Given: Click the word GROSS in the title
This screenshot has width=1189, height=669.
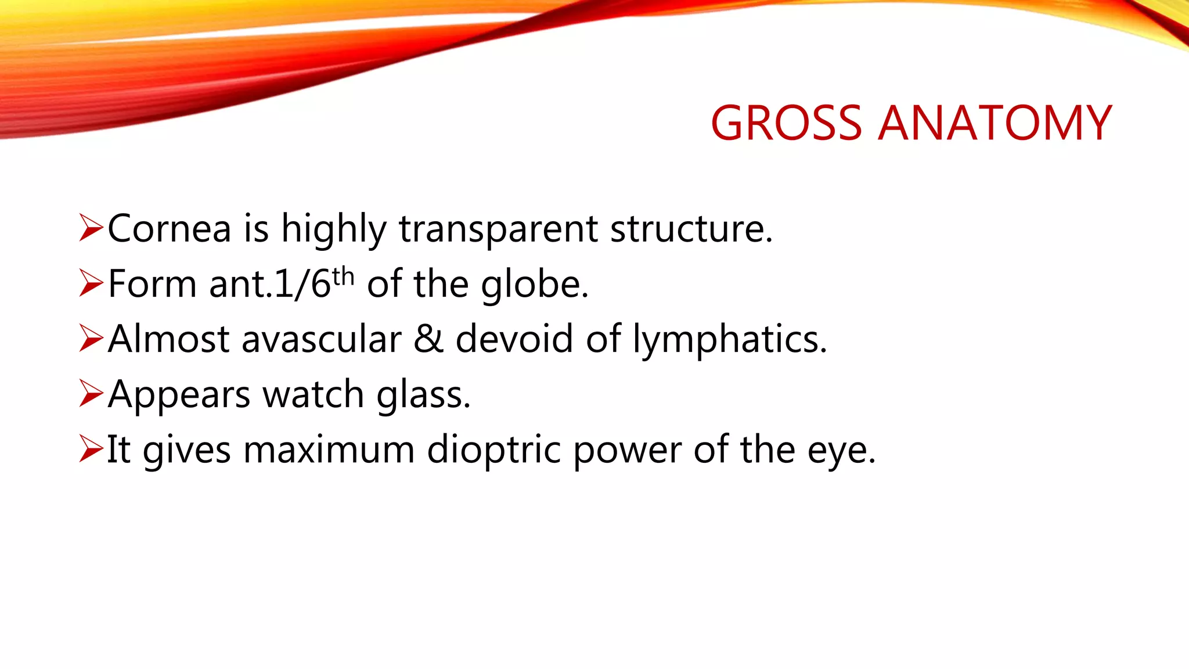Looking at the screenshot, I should pyautogui.click(x=787, y=123).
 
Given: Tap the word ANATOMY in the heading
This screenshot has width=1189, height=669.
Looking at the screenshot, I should pyautogui.click(x=995, y=123).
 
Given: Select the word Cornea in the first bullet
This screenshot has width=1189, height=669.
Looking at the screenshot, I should pyautogui.click(x=170, y=228).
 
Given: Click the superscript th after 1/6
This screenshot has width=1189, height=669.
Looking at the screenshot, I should pyautogui.click(x=343, y=276).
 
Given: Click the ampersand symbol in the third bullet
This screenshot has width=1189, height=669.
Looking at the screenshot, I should pyautogui.click(x=428, y=339).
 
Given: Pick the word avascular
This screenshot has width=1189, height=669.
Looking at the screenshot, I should pyautogui.click(x=321, y=339).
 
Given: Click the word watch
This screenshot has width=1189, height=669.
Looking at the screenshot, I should pyautogui.click(x=313, y=394).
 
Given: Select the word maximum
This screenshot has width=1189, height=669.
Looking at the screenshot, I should pyautogui.click(x=329, y=450).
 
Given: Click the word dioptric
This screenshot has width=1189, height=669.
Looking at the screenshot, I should pyautogui.click(x=494, y=450).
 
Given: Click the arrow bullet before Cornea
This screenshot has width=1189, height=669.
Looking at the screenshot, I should pyautogui.click(x=91, y=228).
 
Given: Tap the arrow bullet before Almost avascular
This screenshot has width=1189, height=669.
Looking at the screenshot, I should pyautogui.click(x=91, y=339).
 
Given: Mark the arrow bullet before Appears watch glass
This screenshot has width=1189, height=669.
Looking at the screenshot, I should pyautogui.click(x=91, y=394).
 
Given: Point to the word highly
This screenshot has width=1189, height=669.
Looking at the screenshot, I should pyautogui.click(x=333, y=228).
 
